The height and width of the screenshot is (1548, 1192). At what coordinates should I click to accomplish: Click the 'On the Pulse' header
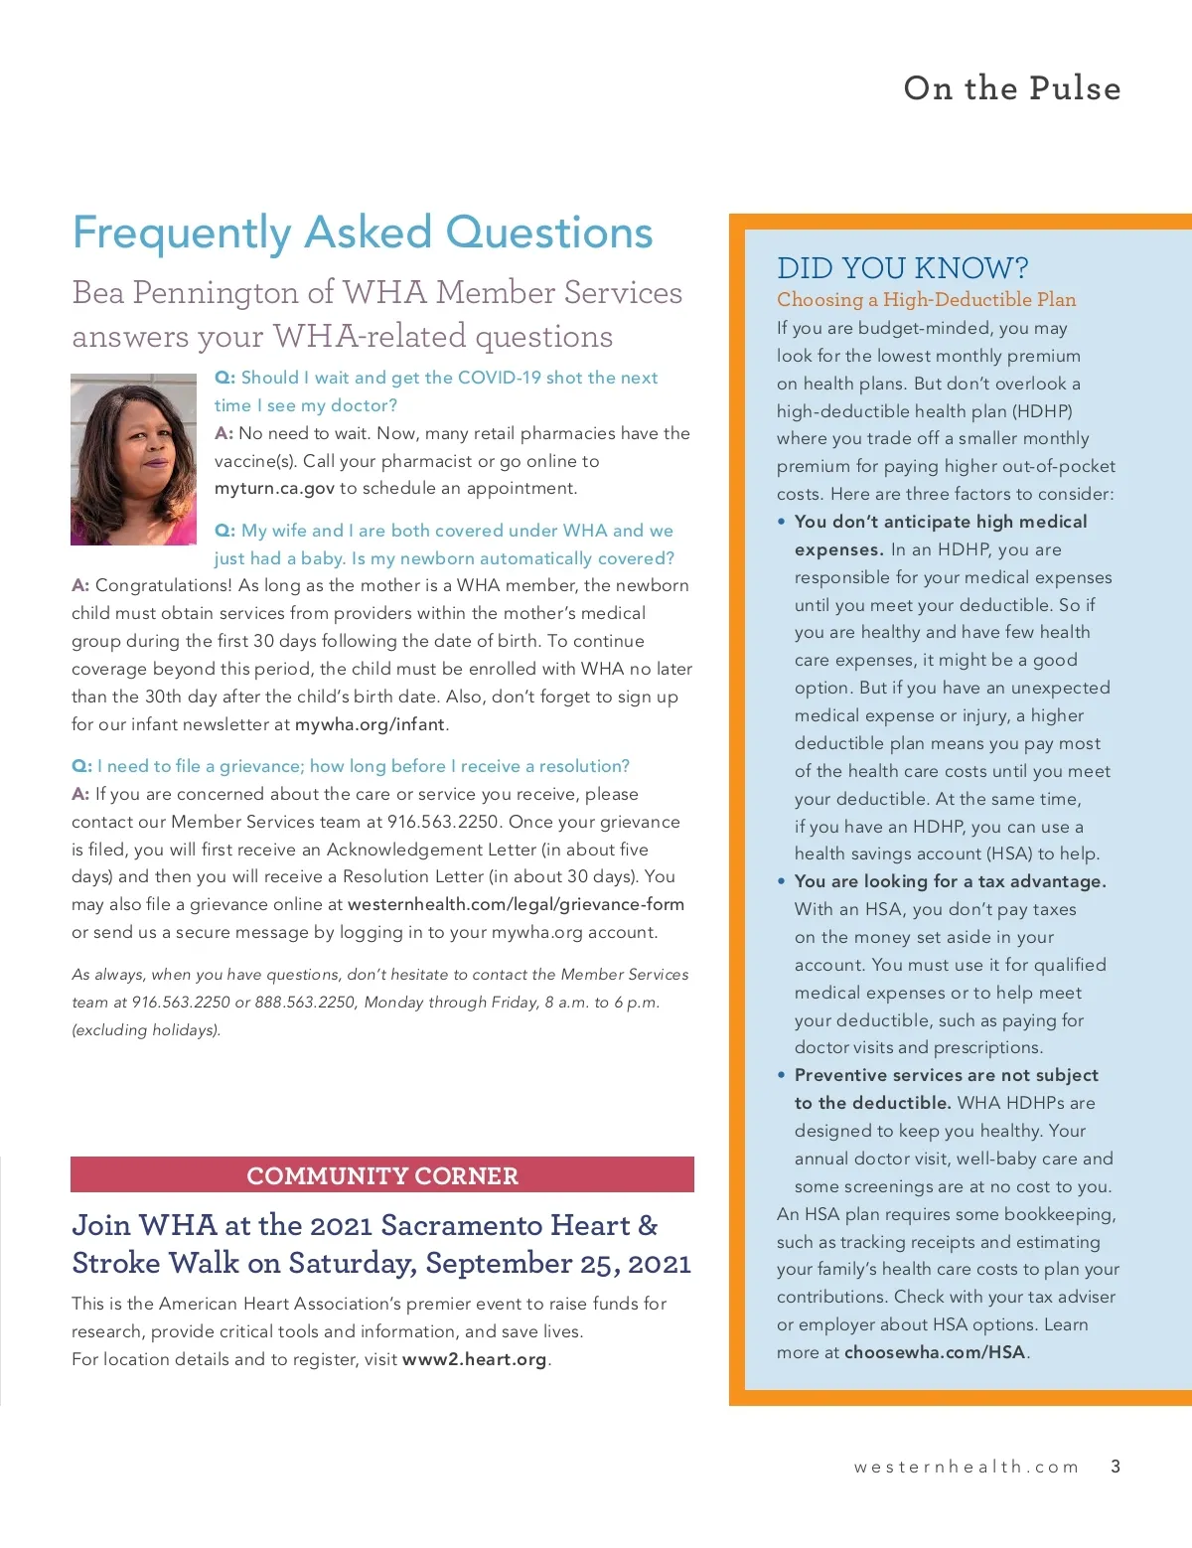(x=1011, y=88)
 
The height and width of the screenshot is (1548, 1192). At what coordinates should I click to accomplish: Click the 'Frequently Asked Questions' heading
(x=363, y=233)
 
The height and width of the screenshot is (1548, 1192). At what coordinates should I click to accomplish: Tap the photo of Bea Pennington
(x=133, y=459)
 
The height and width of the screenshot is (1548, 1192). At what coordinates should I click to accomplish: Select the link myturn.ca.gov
(x=274, y=488)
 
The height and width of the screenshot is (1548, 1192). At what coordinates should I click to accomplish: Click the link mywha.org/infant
(x=370, y=724)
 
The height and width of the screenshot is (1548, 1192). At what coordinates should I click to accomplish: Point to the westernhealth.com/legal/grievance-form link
(x=516, y=904)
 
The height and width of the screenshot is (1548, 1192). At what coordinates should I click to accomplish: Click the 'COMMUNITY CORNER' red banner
(x=382, y=1175)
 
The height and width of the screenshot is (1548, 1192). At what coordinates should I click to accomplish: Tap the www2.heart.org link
(x=474, y=1359)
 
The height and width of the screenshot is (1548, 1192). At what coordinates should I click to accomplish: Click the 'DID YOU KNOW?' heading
(x=902, y=268)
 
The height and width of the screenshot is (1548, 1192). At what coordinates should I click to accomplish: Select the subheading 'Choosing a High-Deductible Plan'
(x=926, y=299)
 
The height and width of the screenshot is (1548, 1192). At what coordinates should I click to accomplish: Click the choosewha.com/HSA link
(x=934, y=1352)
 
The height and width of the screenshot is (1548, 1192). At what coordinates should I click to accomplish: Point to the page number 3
(x=1116, y=1467)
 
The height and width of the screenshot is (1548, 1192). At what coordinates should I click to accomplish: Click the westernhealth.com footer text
(x=966, y=1467)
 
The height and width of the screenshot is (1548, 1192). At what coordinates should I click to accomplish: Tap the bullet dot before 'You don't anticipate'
(x=782, y=522)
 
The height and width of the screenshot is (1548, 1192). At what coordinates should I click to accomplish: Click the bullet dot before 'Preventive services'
(x=782, y=1075)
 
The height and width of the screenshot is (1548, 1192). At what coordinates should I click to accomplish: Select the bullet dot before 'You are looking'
(x=782, y=881)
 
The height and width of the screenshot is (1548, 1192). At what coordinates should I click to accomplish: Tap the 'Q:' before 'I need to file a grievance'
(x=81, y=766)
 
